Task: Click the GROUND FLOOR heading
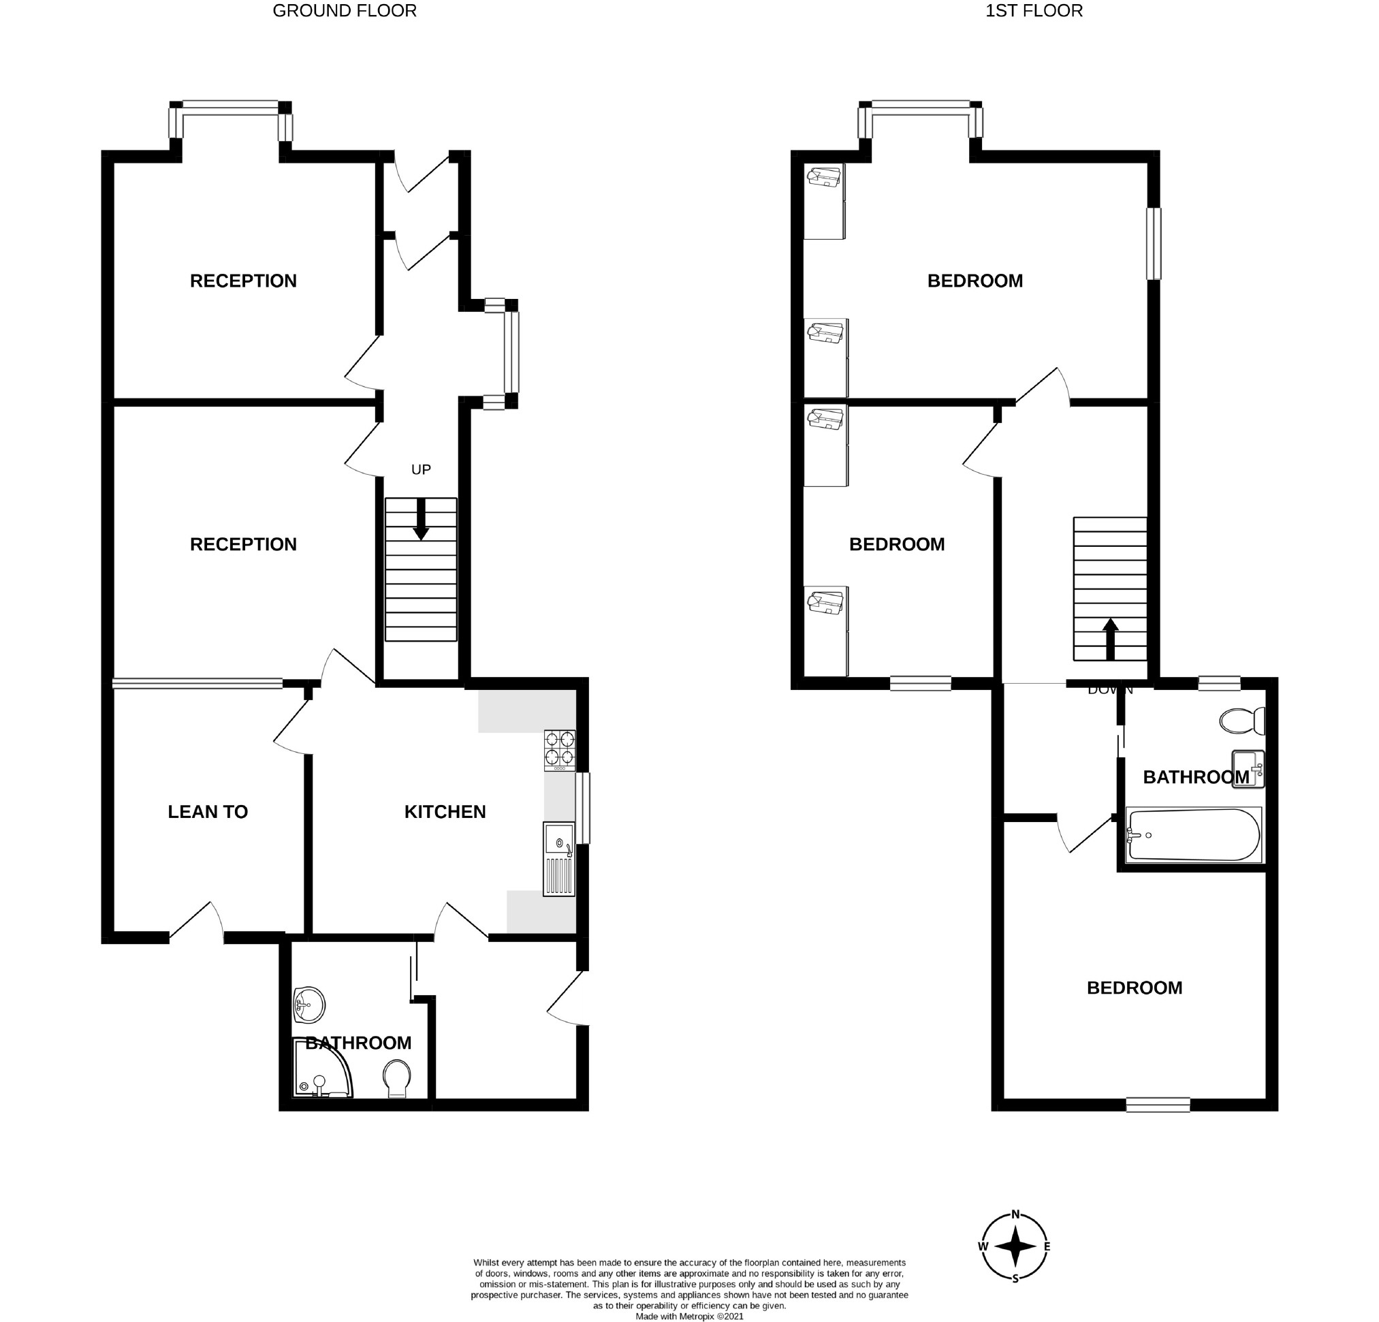[x=344, y=10]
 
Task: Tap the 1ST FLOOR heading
[x=1033, y=10]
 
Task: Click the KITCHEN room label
[x=445, y=812]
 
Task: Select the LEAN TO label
[x=208, y=812]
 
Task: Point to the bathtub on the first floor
[x=1193, y=835]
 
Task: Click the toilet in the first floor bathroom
[x=1243, y=721]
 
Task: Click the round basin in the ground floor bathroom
[x=310, y=1005]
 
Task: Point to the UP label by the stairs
[x=421, y=469]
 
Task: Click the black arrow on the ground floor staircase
[x=421, y=520]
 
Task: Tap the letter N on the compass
[x=1015, y=1214]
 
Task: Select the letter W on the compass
[x=983, y=1246]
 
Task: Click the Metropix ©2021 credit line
[x=688, y=1317]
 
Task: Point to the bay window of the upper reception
[x=231, y=107]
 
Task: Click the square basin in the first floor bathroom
[x=1248, y=769]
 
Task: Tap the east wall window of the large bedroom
[x=1154, y=243]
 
